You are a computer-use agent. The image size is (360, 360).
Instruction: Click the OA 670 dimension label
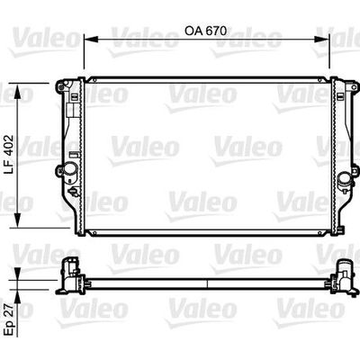coord(205,31)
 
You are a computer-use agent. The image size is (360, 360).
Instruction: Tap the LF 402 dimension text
coord(9,155)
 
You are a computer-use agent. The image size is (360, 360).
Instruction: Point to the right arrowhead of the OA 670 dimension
coord(322,39)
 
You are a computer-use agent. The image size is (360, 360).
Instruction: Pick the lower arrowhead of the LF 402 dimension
coord(18,220)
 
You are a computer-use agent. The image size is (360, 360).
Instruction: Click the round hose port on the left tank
coord(71,168)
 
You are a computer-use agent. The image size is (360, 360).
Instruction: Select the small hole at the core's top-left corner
coord(94,80)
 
